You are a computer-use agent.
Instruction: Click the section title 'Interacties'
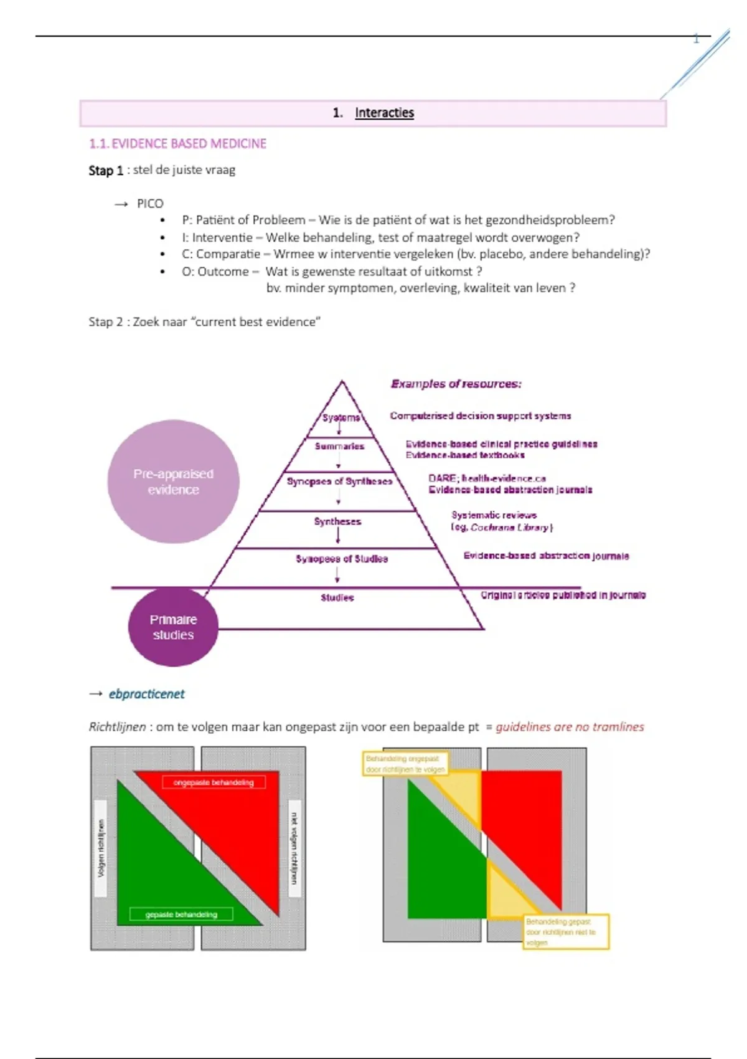click(x=384, y=113)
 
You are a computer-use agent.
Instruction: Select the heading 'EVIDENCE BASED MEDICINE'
click(x=189, y=144)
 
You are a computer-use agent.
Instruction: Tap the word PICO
click(x=150, y=204)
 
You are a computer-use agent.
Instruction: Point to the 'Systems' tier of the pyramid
click(x=341, y=417)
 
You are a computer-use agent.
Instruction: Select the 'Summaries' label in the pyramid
click(x=339, y=446)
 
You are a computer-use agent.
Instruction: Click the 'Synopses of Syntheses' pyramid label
click(x=339, y=482)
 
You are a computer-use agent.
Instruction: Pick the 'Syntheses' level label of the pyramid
click(x=337, y=521)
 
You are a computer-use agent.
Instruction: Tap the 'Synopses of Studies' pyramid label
click(x=342, y=559)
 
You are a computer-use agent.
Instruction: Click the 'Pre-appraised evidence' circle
click(x=173, y=482)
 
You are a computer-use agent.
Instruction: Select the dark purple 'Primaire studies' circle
click(x=173, y=627)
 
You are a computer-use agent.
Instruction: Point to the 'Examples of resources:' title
click(x=456, y=384)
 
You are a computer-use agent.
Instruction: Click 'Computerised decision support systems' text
click(x=480, y=416)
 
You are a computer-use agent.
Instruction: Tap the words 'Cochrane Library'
click(x=510, y=528)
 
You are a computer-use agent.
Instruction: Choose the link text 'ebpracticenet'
click(x=146, y=694)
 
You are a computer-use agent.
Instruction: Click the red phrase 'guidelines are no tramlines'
click(x=570, y=727)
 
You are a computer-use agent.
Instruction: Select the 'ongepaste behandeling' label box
click(x=214, y=782)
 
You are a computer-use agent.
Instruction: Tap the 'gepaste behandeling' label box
click(x=181, y=914)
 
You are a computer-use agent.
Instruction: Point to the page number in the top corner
click(x=696, y=39)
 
